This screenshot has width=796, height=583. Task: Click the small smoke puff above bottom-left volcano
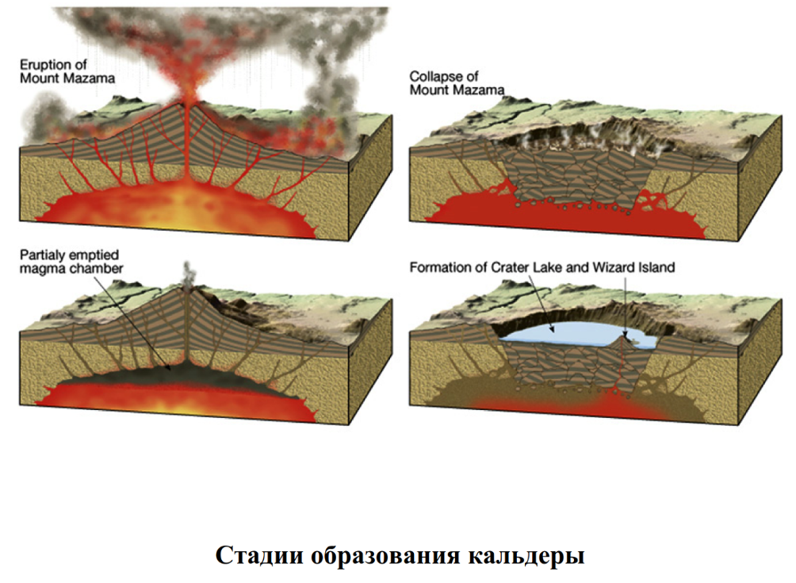(x=186, y=274)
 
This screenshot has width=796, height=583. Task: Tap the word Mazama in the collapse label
(x=481, y=90)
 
